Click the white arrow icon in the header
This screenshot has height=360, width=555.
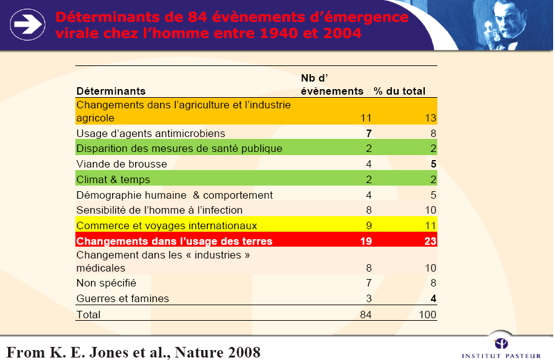click(x=27, y=24)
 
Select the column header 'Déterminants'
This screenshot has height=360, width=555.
click(x=111, y=91)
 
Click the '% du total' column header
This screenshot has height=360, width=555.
click(x=399, y=91)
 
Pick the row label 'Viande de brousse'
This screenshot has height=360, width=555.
click(x=121, y=164)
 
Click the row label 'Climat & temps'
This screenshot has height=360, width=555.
click(x=113, y=179)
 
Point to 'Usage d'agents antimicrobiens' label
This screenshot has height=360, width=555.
click(x=150, y=133)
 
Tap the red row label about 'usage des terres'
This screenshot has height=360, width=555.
click(x=174, y=240)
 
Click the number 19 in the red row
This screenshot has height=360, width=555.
click(x=366, y=240)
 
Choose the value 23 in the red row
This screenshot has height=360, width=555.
click(x=430, y=240)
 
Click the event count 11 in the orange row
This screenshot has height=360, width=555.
click(x=366, y=117)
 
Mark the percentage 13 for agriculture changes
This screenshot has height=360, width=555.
click(x=430, y=117)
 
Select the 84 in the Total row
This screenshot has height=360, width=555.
click(x=366, y=315)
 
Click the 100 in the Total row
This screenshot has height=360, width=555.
click(x=427, y=315)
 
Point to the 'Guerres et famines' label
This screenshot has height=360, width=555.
click(x=122, y=298)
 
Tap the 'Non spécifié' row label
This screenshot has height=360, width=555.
click(x=106, y=283)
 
